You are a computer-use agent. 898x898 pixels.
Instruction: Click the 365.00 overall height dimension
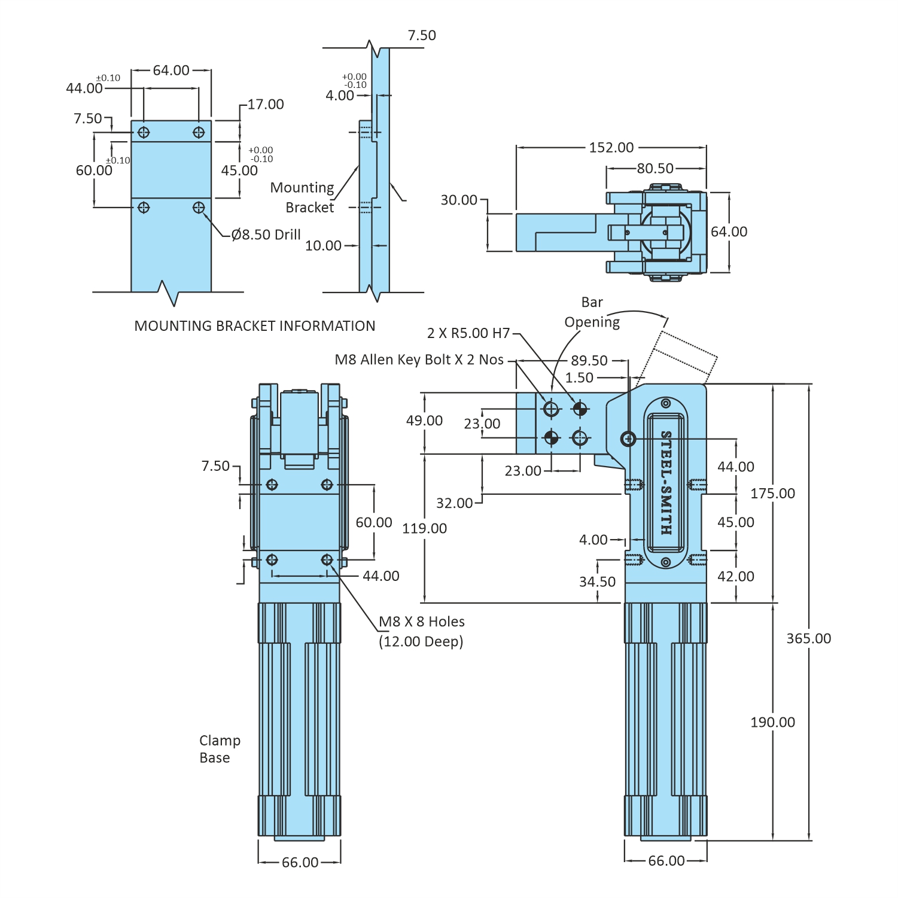click(808, 638)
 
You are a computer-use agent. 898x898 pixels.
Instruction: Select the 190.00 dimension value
click(772, 722)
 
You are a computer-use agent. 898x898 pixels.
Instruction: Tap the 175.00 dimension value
click(772, 494)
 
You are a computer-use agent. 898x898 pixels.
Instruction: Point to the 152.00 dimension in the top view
click(611, 147)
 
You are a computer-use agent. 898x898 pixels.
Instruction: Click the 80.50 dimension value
click(655, 168)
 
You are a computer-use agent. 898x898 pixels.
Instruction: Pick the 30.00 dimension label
click(459, 200)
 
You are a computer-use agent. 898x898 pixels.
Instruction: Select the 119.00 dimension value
click(424, 528)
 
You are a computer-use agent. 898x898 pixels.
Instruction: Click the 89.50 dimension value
click(589, 360)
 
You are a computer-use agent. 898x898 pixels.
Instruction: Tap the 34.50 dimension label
click(597, 582)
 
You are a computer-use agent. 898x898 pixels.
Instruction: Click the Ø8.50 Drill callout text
click(266, 235)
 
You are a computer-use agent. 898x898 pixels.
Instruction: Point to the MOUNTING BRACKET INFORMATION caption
click(255, 326)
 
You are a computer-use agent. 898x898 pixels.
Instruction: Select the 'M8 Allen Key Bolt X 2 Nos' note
click(419, 360)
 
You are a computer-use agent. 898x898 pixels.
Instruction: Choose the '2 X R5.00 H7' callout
click(468, 333)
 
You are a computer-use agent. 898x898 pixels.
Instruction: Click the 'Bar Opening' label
click(592, 312)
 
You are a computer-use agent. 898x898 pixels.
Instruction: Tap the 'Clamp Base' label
click(220, 749)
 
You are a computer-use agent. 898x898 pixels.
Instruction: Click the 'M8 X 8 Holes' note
click(422, 622)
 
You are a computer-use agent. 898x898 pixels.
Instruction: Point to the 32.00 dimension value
click(454, 503)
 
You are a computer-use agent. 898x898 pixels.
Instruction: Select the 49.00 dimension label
click(424, 421)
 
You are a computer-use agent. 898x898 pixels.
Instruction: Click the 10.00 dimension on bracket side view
click(323, 245)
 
